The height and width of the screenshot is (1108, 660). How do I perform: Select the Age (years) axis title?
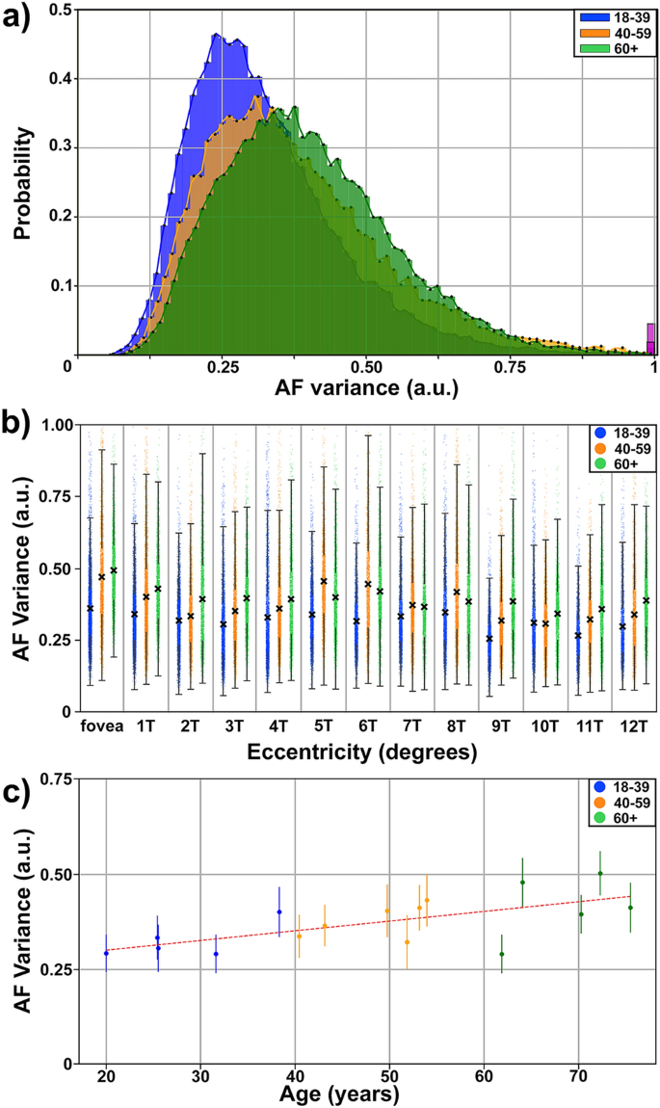coord(334,1095)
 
